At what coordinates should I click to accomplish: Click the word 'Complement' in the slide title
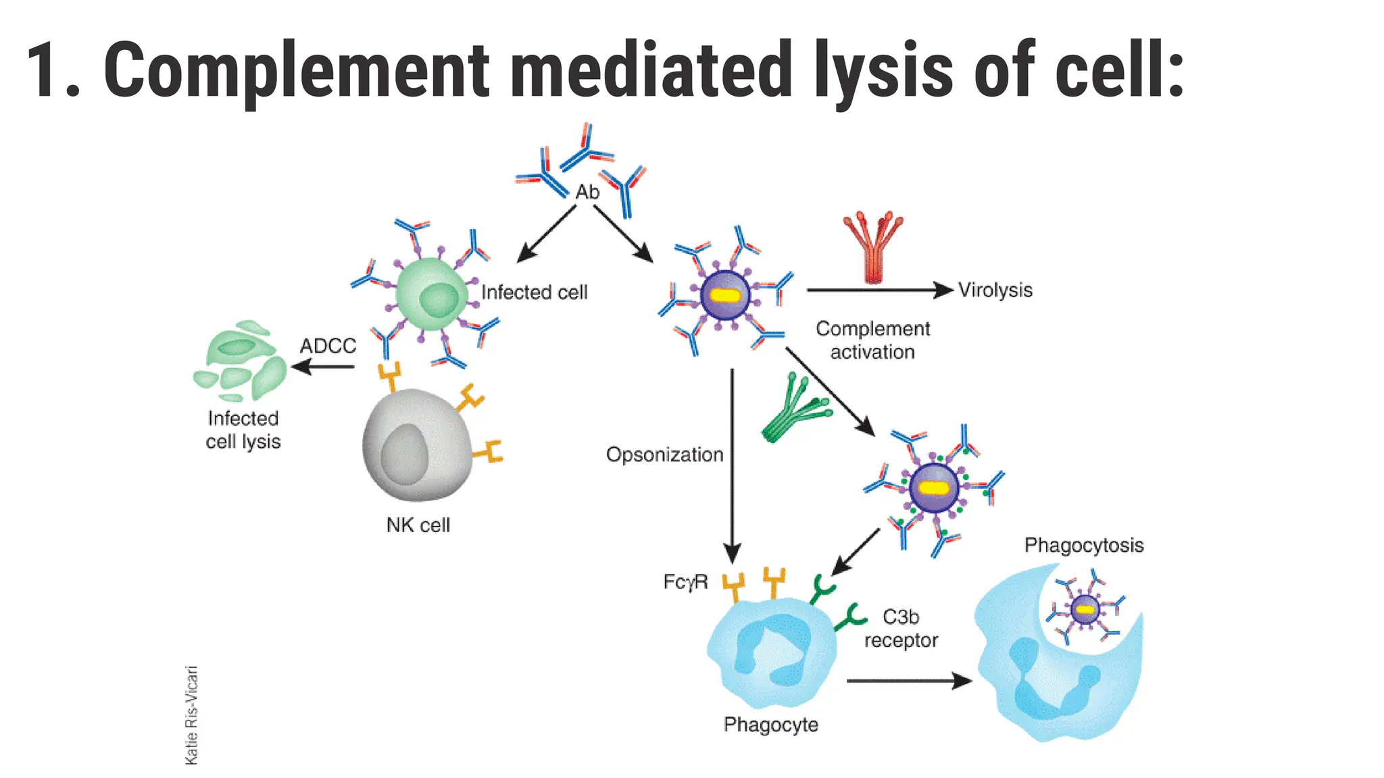click(296, 71)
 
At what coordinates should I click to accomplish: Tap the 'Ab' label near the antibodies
click(587, 192)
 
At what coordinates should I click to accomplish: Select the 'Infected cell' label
click(534, 292)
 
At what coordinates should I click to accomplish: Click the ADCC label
click(328, 346)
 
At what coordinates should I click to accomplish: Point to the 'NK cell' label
click(418, 525)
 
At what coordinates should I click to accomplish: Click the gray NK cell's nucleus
click(404, 455)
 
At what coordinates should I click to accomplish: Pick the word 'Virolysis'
click(995, 290)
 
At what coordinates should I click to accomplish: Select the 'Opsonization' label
click(664, 455)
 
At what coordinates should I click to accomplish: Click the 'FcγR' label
click(685, 581)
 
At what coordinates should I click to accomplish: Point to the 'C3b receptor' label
click(901, 629)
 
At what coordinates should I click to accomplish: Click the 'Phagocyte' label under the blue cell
click(770, 725)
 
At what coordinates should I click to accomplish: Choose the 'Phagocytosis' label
click(1083, 545)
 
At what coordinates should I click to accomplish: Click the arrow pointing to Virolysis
click(879, 290)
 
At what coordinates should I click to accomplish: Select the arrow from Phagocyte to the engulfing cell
click(908, 681)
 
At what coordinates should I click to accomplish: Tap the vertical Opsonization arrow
click(732, 466)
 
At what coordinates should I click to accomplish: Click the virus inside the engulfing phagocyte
click(1085, 609)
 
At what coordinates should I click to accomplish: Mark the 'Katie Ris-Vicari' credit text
click(192, 715)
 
